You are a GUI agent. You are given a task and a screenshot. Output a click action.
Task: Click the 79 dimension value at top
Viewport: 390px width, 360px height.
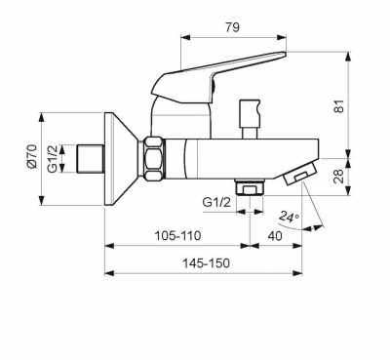232,27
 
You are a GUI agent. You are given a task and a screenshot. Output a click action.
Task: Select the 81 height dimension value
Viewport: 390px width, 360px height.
338,105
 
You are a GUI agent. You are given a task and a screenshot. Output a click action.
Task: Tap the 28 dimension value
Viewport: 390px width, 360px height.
338,177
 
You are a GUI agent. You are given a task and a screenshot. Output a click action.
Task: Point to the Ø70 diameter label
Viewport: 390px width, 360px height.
32,157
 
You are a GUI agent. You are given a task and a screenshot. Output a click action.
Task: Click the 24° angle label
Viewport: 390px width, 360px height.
289,217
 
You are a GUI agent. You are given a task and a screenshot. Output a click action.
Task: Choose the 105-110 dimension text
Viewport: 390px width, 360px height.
177,235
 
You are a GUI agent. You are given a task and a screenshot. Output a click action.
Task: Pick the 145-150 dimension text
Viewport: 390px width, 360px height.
206,262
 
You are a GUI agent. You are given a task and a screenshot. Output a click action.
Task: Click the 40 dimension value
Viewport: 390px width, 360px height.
275,236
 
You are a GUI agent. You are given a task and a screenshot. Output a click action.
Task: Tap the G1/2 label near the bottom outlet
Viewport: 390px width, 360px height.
216,202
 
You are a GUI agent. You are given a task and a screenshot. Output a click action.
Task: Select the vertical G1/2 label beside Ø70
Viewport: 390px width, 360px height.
53,159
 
